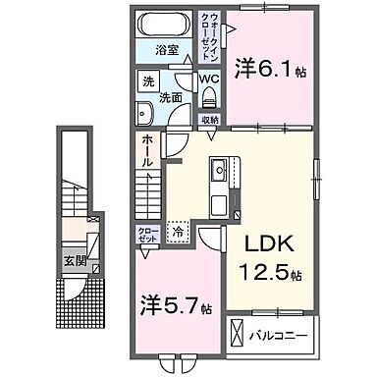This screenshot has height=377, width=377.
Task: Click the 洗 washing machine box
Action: pos(144,81)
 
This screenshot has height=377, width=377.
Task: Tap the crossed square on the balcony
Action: pos(240,332)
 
